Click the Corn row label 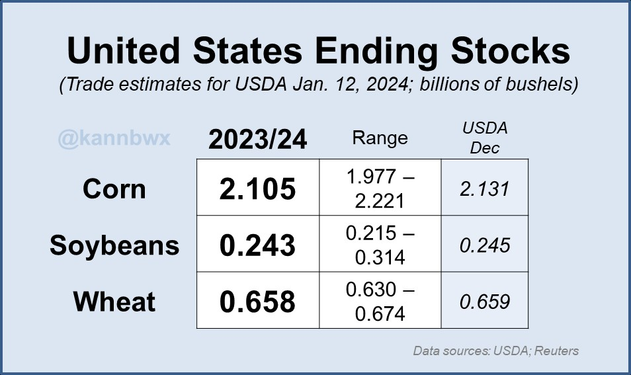pos(114,189)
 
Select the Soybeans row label pos(114,245)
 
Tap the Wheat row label pos(114,302)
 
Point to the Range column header pos(380,138)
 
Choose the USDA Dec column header pos(484,138)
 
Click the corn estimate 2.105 pos(257,189)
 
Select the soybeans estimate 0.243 pos(257,245)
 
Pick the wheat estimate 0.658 pos(257,302)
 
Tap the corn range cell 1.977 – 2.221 pos(380,188)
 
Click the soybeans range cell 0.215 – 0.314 pos(380,245)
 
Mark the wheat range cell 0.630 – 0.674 pos(380,301)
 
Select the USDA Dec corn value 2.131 pos(484,189)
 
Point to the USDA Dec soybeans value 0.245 pos(484,245)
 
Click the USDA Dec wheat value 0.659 pos(484,302)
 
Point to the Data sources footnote pos(495,351)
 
